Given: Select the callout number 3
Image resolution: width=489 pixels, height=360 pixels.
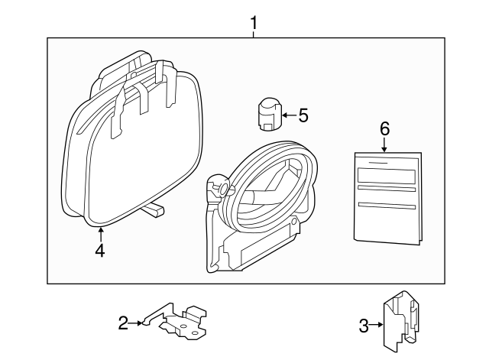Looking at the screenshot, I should tap(364, 326).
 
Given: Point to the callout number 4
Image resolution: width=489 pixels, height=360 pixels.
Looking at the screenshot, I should tap(100, 249).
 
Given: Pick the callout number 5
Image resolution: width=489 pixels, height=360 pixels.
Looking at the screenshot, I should tap(303, 115).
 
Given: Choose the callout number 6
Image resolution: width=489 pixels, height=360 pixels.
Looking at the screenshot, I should tap(384, 128).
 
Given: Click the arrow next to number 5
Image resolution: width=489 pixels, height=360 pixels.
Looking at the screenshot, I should tap(288, 116).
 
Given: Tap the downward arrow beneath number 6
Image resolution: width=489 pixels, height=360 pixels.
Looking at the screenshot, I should tap(384, 145).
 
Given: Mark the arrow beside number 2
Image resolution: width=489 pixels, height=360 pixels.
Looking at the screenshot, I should tap(138, 323).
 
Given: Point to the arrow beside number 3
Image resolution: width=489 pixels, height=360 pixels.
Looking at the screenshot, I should tap(376, 326).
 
